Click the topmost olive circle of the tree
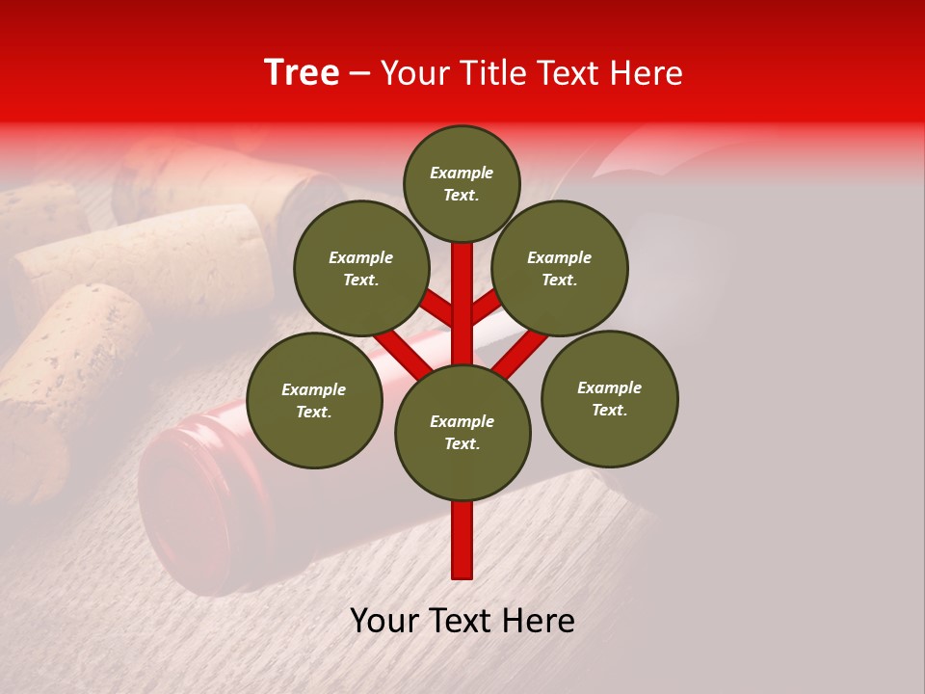click(462, 184)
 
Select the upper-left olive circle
click(361, 269)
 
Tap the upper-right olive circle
click(560, 269)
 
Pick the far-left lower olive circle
click(314, 401)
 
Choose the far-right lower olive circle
click(610, 399)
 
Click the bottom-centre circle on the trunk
click(462, 433)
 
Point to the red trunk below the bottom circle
click(462, 540)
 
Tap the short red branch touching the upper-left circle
click(436, 306)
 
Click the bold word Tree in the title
click(302, 73)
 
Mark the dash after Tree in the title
click(360, 73)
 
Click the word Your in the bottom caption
click(383, 621)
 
